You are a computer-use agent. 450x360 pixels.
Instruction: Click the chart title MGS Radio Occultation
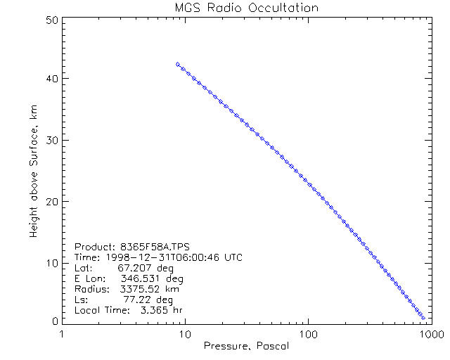tap(246, 8)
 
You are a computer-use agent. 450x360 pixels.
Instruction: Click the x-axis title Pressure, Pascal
tap(245, 346)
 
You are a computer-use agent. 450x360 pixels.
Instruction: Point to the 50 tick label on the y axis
tap(51, 20)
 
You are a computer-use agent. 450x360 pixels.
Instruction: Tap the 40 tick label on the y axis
tap(51, 79)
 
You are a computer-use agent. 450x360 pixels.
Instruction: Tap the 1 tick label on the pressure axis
tap(63, 333)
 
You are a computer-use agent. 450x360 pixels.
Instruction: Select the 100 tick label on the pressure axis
tap(307, 333)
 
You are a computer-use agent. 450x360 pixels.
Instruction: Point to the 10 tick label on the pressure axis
tap(185, 333)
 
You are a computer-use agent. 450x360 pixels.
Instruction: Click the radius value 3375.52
tap(140, 289)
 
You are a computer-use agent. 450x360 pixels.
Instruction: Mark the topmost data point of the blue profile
tap(178, 64)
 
